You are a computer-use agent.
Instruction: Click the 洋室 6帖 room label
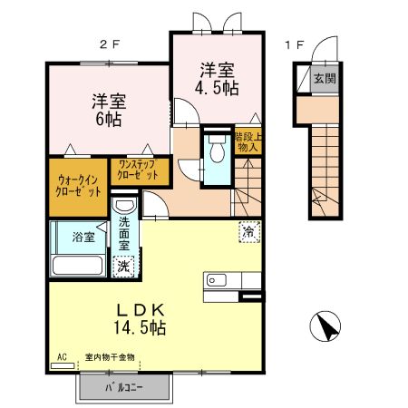(x=108, y=109)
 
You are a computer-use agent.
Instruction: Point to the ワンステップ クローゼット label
(x=137, y=170)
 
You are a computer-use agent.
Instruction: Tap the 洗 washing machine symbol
(x=122, y=267)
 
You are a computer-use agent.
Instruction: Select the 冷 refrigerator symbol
(x=248, y=232)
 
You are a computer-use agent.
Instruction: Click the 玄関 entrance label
(x=325, y=78)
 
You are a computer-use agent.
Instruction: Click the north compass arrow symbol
(x=326, y=327)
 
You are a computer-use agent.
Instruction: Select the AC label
(x=63, y=358)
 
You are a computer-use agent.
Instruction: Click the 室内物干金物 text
(x=110, y=358)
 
